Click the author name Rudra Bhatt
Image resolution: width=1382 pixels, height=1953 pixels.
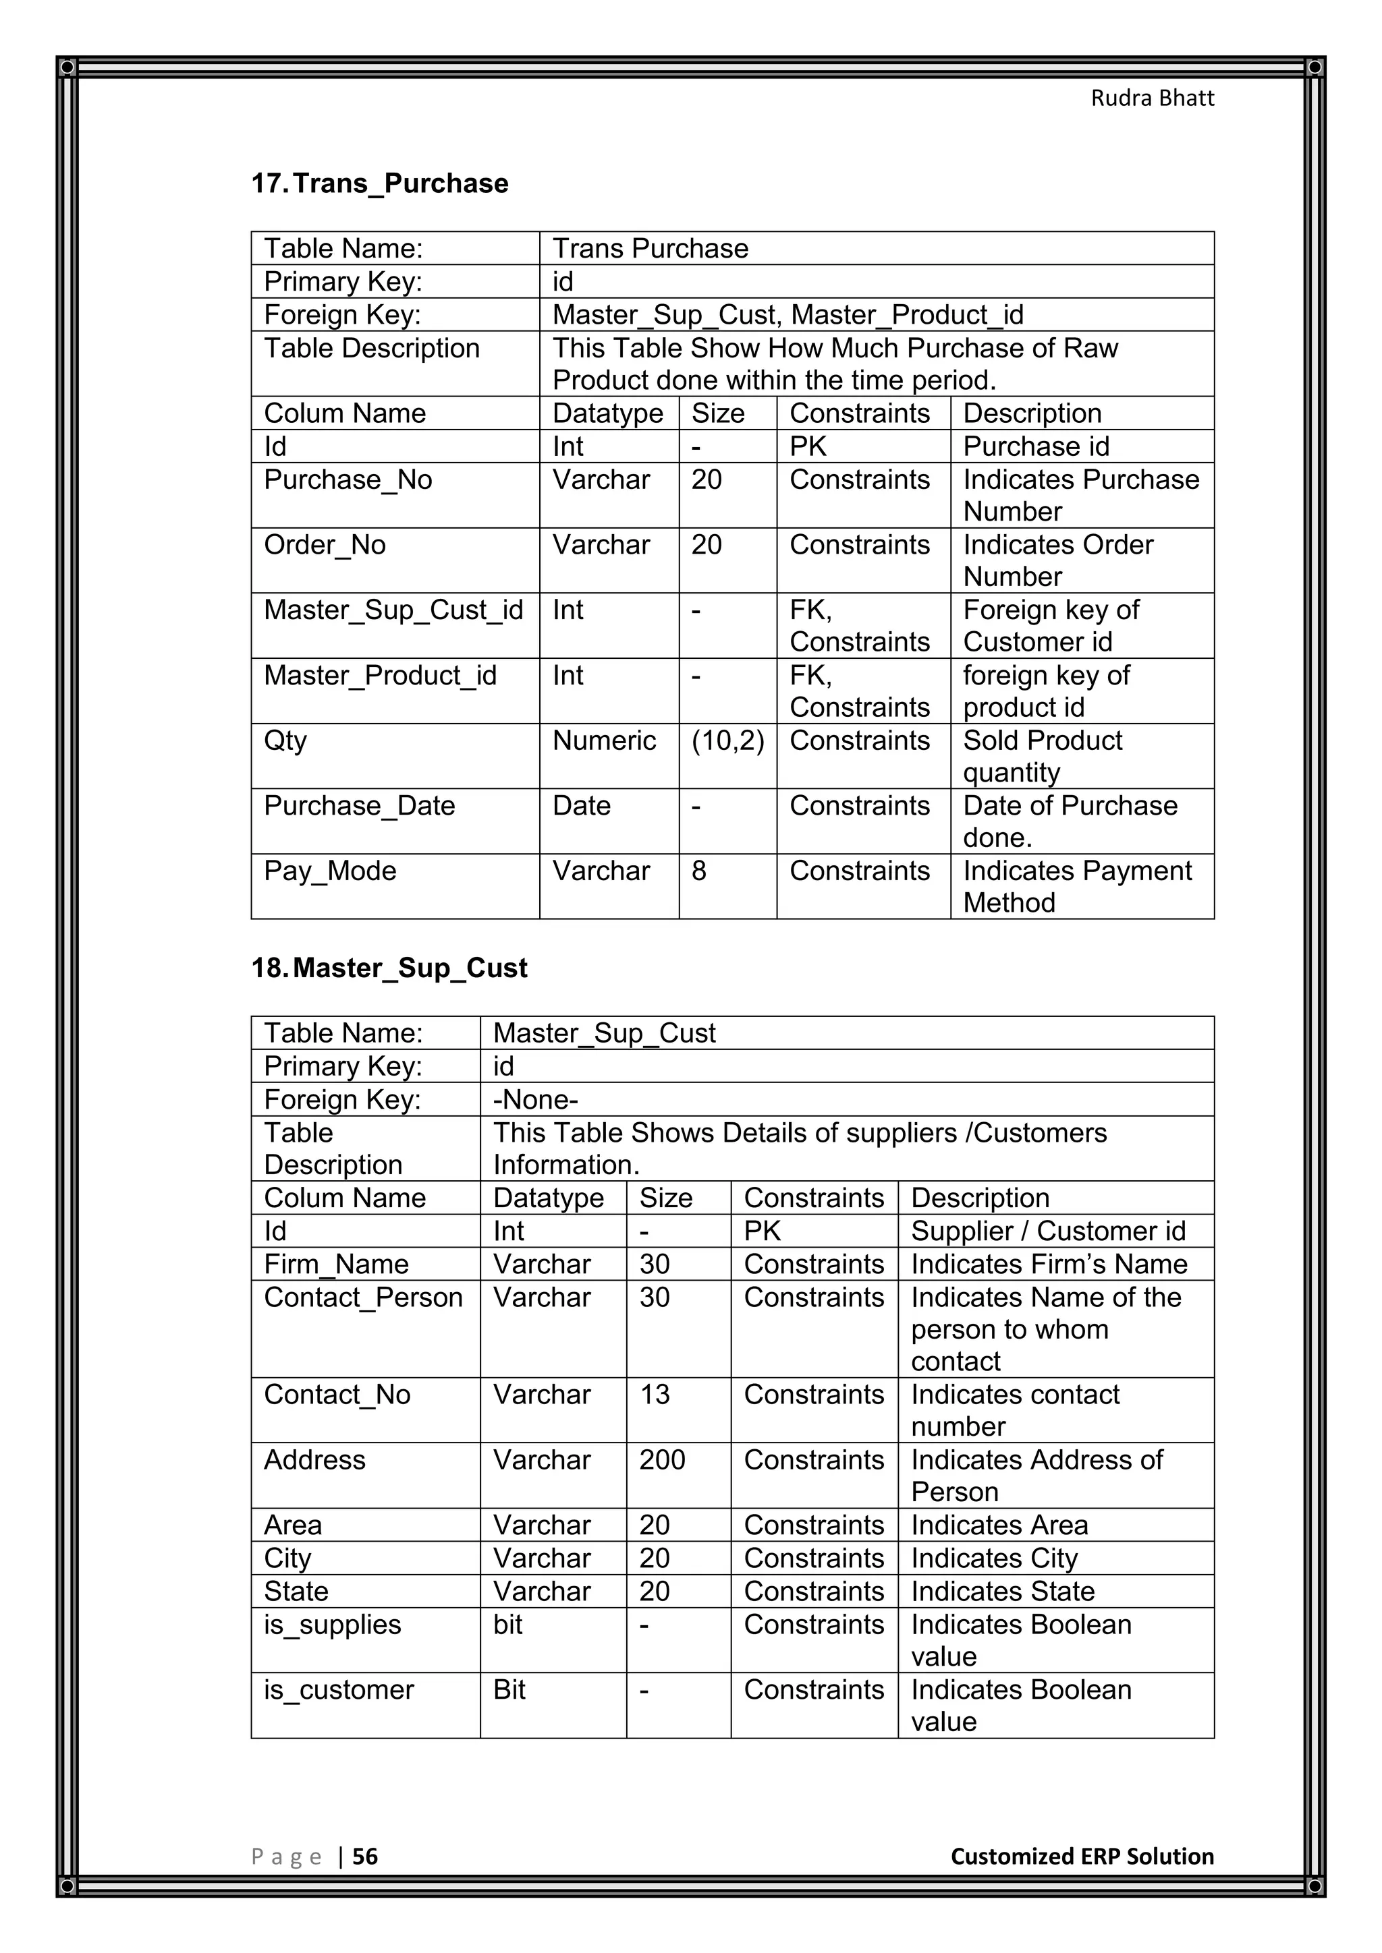coord(1153,98)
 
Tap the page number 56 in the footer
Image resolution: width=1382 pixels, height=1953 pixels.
coord(364,1856)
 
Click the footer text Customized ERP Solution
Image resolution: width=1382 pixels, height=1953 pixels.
coord(1082,1856)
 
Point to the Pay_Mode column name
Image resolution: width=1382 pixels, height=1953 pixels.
coord(330,871)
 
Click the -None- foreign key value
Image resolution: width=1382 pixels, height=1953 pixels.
coord(535,1100)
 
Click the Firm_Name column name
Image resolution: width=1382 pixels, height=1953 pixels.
coord(336,1265)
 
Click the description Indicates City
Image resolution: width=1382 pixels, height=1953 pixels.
coord(994,1558)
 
